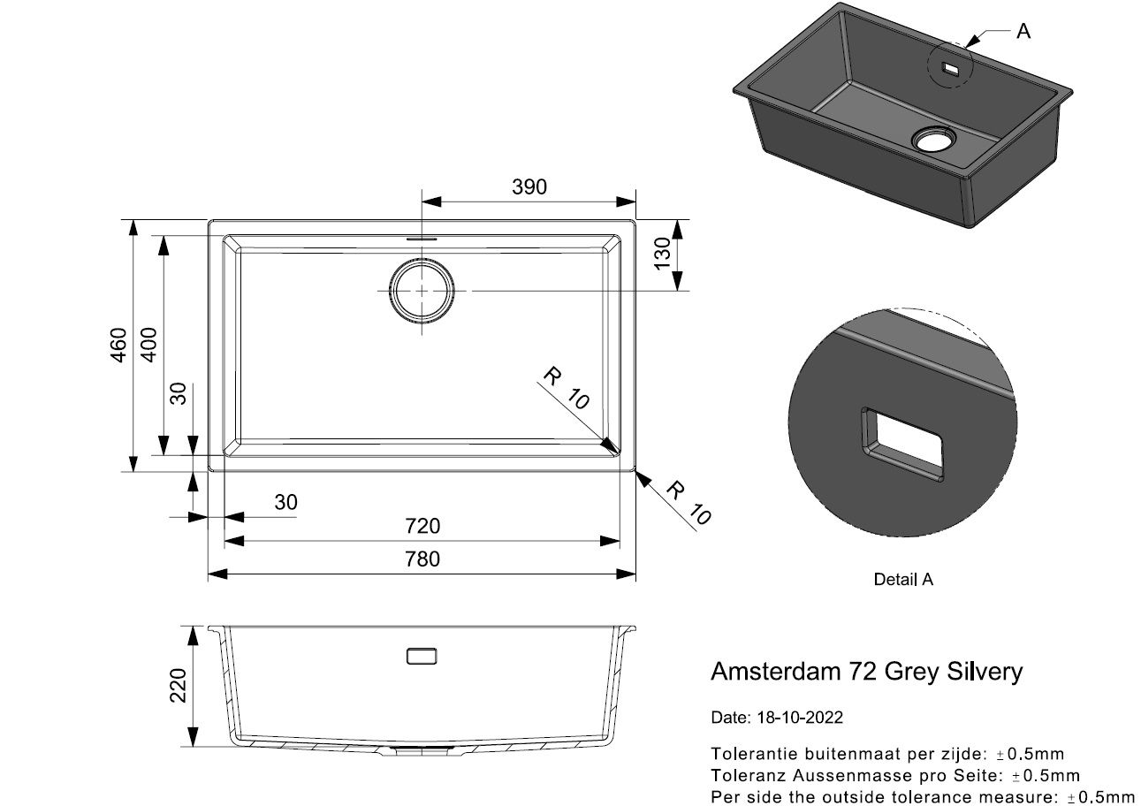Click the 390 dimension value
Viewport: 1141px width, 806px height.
click(x=529, y=187)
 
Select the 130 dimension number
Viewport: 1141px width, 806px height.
click(x=662, y=254)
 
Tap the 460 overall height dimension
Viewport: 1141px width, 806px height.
click(x=118, y=345)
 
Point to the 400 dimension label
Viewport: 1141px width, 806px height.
click(x=148, y=345)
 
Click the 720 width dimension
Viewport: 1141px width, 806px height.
click(x=422, y=526)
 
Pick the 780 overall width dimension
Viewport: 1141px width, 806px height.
click(x=422, y=559)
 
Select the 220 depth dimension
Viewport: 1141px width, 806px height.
click(x=178, y=685)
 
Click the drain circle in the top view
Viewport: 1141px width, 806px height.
click(x=422, y=291)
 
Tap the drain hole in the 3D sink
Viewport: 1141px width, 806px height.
click(x=934, y=139)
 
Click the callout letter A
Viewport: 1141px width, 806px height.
click(x=1023, y=32)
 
